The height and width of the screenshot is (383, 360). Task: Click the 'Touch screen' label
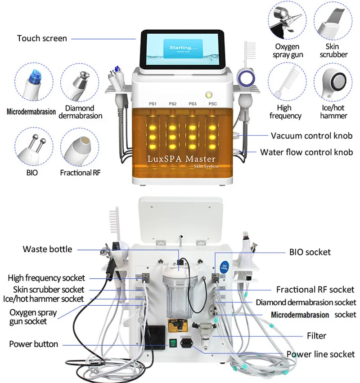point(42,38)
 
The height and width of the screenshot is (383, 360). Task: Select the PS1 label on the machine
point(153,104)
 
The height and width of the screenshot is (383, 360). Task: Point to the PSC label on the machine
point(212,104)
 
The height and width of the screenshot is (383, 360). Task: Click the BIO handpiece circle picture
point(34,147)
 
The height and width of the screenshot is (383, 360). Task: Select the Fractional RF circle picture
point(80,147)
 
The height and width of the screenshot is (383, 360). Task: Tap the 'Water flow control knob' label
point(306,152)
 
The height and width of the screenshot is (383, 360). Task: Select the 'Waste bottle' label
point(47,249)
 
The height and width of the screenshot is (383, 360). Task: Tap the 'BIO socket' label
point(310,252)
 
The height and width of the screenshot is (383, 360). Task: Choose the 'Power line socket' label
point(320,354)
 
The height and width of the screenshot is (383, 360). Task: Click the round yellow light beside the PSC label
point(209,95)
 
